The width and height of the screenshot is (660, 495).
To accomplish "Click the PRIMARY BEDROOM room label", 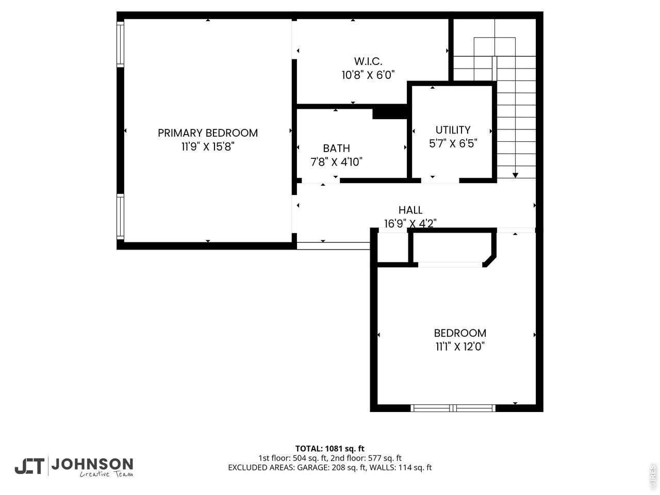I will coord(207,133).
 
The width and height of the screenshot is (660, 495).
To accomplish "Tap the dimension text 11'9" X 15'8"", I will coord(207,147).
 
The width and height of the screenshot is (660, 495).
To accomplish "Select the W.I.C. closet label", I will coord(368,61).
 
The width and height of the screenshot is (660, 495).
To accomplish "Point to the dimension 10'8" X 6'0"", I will coord(368,75).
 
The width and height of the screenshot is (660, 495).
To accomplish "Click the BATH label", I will coord(336,148).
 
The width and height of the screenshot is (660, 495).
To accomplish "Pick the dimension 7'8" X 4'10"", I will coord(336,162).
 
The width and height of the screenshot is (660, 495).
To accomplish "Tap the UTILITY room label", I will coord(453,130).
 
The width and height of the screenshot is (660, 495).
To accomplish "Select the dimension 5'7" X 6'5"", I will coord(453,144).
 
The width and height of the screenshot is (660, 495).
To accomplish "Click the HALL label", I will coord(410,210).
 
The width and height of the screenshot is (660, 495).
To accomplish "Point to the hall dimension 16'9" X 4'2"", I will coord(410,224).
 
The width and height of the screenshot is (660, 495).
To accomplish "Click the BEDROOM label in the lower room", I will coord(460,333).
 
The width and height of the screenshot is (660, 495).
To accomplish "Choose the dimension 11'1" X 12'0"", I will coord(460,347).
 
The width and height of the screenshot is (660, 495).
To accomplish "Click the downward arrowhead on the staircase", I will coord(515,175).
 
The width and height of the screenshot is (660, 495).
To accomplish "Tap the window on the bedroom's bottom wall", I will coord(453,408).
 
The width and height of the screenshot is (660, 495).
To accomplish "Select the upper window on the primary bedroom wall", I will coord(121,44).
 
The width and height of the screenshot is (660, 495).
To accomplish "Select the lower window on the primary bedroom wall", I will coord(121,217).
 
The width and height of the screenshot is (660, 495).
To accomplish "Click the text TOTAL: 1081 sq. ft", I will coord(329,449).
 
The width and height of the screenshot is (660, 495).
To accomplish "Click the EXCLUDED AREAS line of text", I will coord(329,468).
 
